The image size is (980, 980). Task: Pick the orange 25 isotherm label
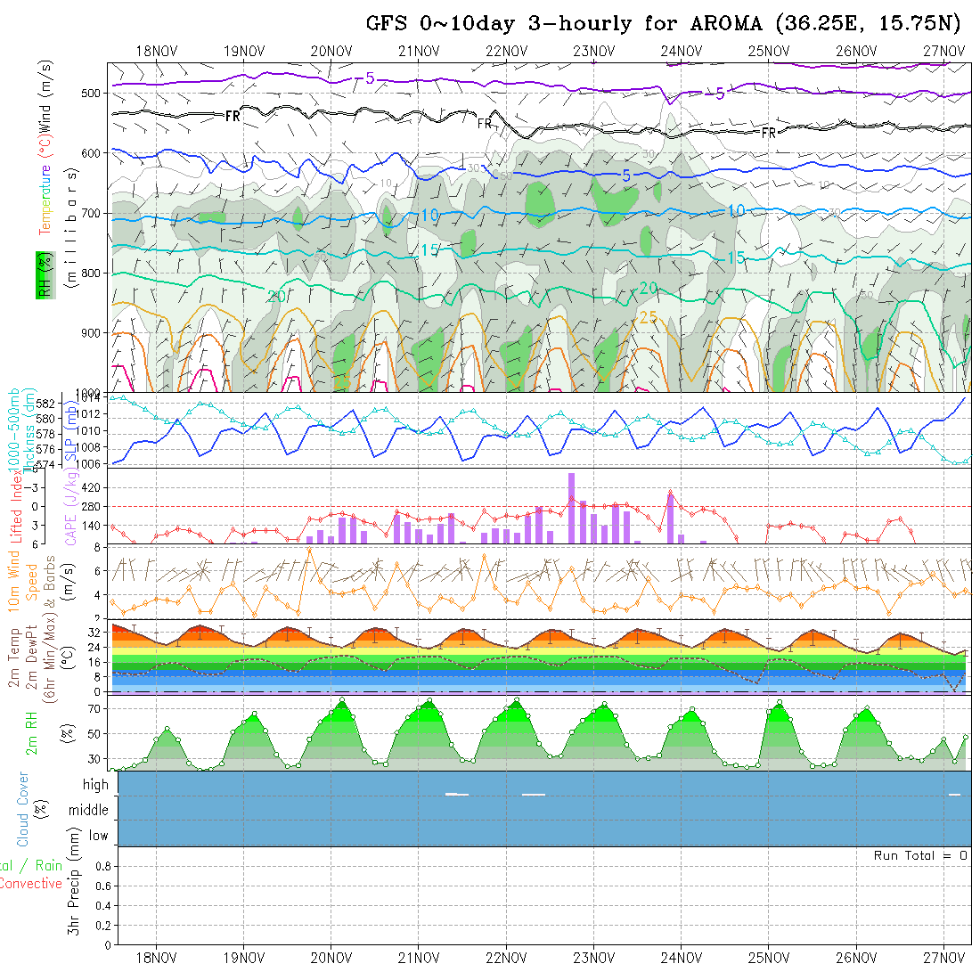649,318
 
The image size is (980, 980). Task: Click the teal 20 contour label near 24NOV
649,288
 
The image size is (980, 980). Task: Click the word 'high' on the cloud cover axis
95,785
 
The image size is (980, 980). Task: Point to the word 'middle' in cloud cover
88,811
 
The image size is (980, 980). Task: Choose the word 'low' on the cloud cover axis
98,836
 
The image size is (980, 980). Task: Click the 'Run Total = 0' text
920,855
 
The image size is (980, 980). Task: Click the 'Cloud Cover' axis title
22,809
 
